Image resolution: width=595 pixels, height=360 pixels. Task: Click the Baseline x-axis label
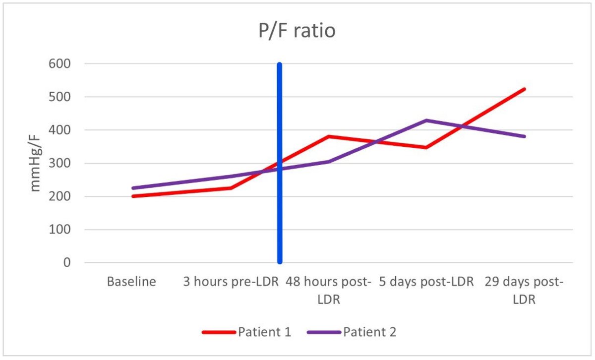point(131,282)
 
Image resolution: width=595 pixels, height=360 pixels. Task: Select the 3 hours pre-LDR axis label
point(230,282)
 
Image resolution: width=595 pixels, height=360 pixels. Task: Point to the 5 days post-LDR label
point(426,282)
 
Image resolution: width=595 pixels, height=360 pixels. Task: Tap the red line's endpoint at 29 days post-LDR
point(524,89)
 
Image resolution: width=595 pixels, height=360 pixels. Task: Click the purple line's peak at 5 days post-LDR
point(426,120)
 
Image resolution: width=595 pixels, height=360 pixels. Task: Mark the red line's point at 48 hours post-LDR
point(328,136)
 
